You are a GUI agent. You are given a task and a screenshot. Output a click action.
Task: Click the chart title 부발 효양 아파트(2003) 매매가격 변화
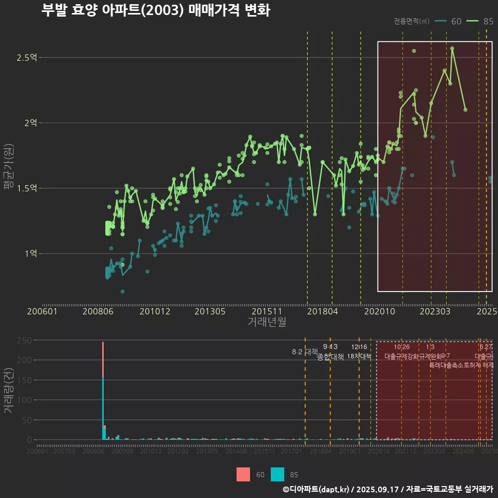(155, 11)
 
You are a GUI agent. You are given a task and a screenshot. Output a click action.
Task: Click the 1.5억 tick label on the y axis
(26, 188)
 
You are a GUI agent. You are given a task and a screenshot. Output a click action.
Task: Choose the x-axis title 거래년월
(267, 322)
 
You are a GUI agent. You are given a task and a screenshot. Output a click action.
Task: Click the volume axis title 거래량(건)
(8, 391)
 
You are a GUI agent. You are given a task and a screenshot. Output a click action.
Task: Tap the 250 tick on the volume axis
(26, 340)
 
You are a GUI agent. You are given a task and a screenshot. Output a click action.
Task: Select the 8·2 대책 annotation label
(305, 352)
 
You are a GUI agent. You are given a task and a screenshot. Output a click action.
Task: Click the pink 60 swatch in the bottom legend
(243, 475)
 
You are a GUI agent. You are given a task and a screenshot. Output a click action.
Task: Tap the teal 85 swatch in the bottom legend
(278, 475)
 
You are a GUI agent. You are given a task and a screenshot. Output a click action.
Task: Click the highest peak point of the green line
(452, 48)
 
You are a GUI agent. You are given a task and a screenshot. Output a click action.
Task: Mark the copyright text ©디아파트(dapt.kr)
(316, 489)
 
